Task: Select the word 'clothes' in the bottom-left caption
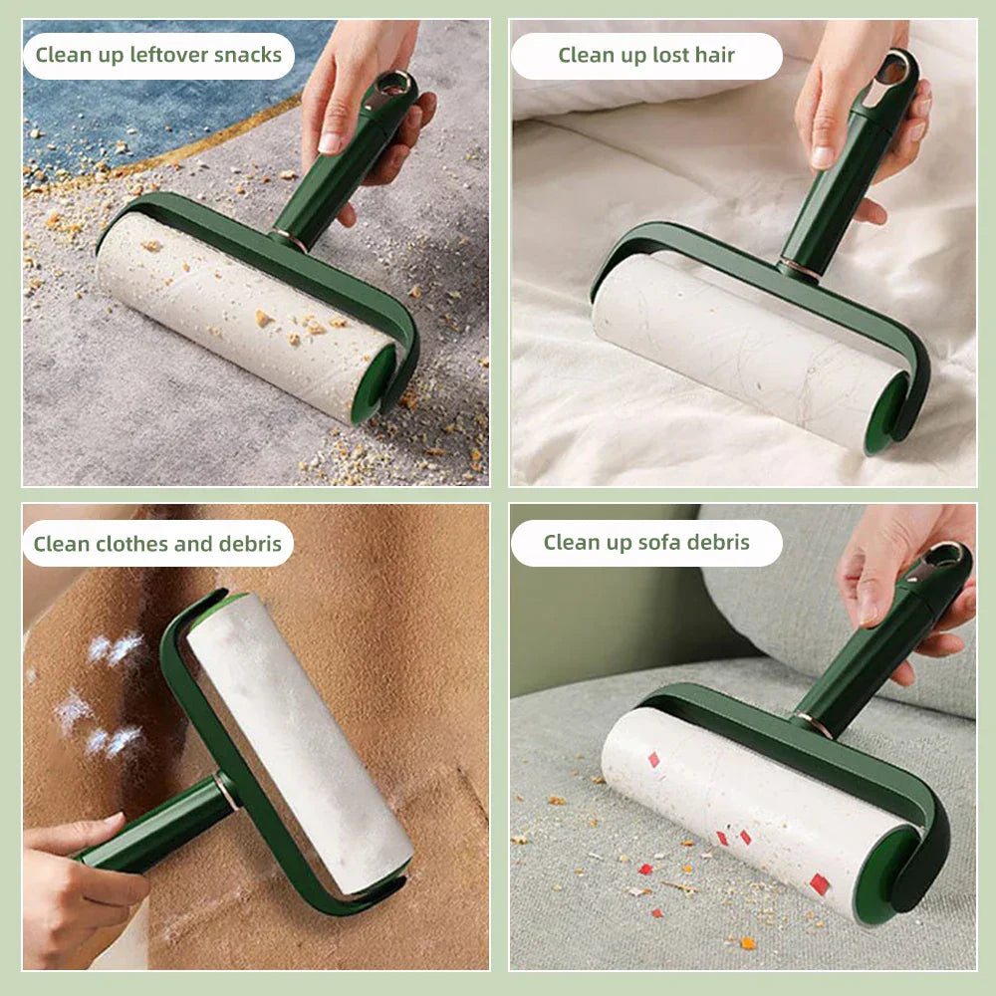click(141, 544)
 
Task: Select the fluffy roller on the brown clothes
click(299, 737)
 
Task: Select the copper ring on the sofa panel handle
click(814, 724)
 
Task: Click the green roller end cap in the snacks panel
click(373, 383)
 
